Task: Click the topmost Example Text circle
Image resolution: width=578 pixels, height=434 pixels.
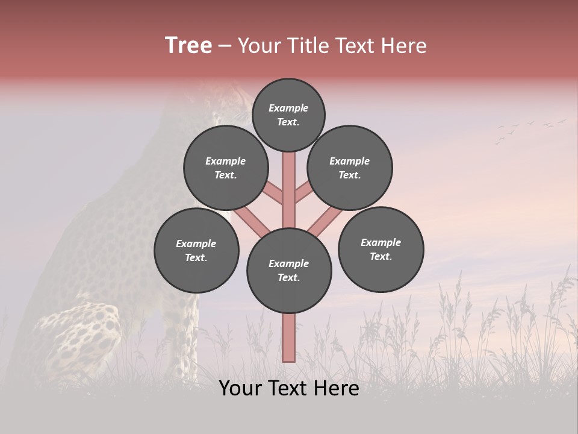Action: coord(288,115)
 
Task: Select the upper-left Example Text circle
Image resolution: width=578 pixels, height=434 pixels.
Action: coord(225,168)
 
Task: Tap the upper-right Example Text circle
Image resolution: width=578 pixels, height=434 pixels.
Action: coord(350,168)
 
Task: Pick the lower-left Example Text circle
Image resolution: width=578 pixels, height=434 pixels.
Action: coord(196,250)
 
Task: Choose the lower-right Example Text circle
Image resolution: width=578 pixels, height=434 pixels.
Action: coord(381,249)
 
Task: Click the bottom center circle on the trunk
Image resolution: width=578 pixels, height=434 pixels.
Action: coord(289,271)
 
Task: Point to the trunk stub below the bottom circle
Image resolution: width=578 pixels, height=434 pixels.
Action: coord(288,338)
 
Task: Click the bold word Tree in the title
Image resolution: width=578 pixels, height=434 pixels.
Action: coord(188,45)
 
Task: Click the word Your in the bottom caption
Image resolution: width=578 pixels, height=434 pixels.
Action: coord(240,388)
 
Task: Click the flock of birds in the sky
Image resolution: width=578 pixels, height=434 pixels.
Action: coord(529,130)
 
